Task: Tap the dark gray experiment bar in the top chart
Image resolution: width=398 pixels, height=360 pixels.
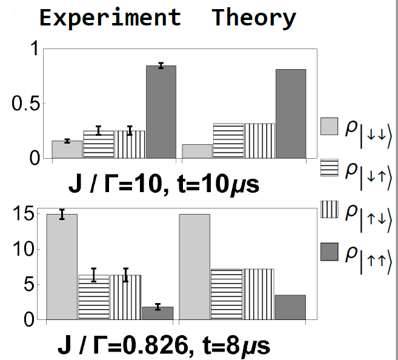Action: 161,112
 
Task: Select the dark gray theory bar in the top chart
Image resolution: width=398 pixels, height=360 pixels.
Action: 291,114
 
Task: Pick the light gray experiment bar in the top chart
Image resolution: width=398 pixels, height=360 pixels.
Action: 67,150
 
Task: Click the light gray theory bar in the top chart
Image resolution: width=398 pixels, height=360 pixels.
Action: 197,152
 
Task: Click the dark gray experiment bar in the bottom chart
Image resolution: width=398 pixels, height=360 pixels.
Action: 158,313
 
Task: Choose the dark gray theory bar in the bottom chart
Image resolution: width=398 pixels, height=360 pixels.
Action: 291,307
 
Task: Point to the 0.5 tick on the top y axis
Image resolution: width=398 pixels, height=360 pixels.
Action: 27,104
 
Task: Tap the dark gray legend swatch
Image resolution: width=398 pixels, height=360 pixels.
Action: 329,250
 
